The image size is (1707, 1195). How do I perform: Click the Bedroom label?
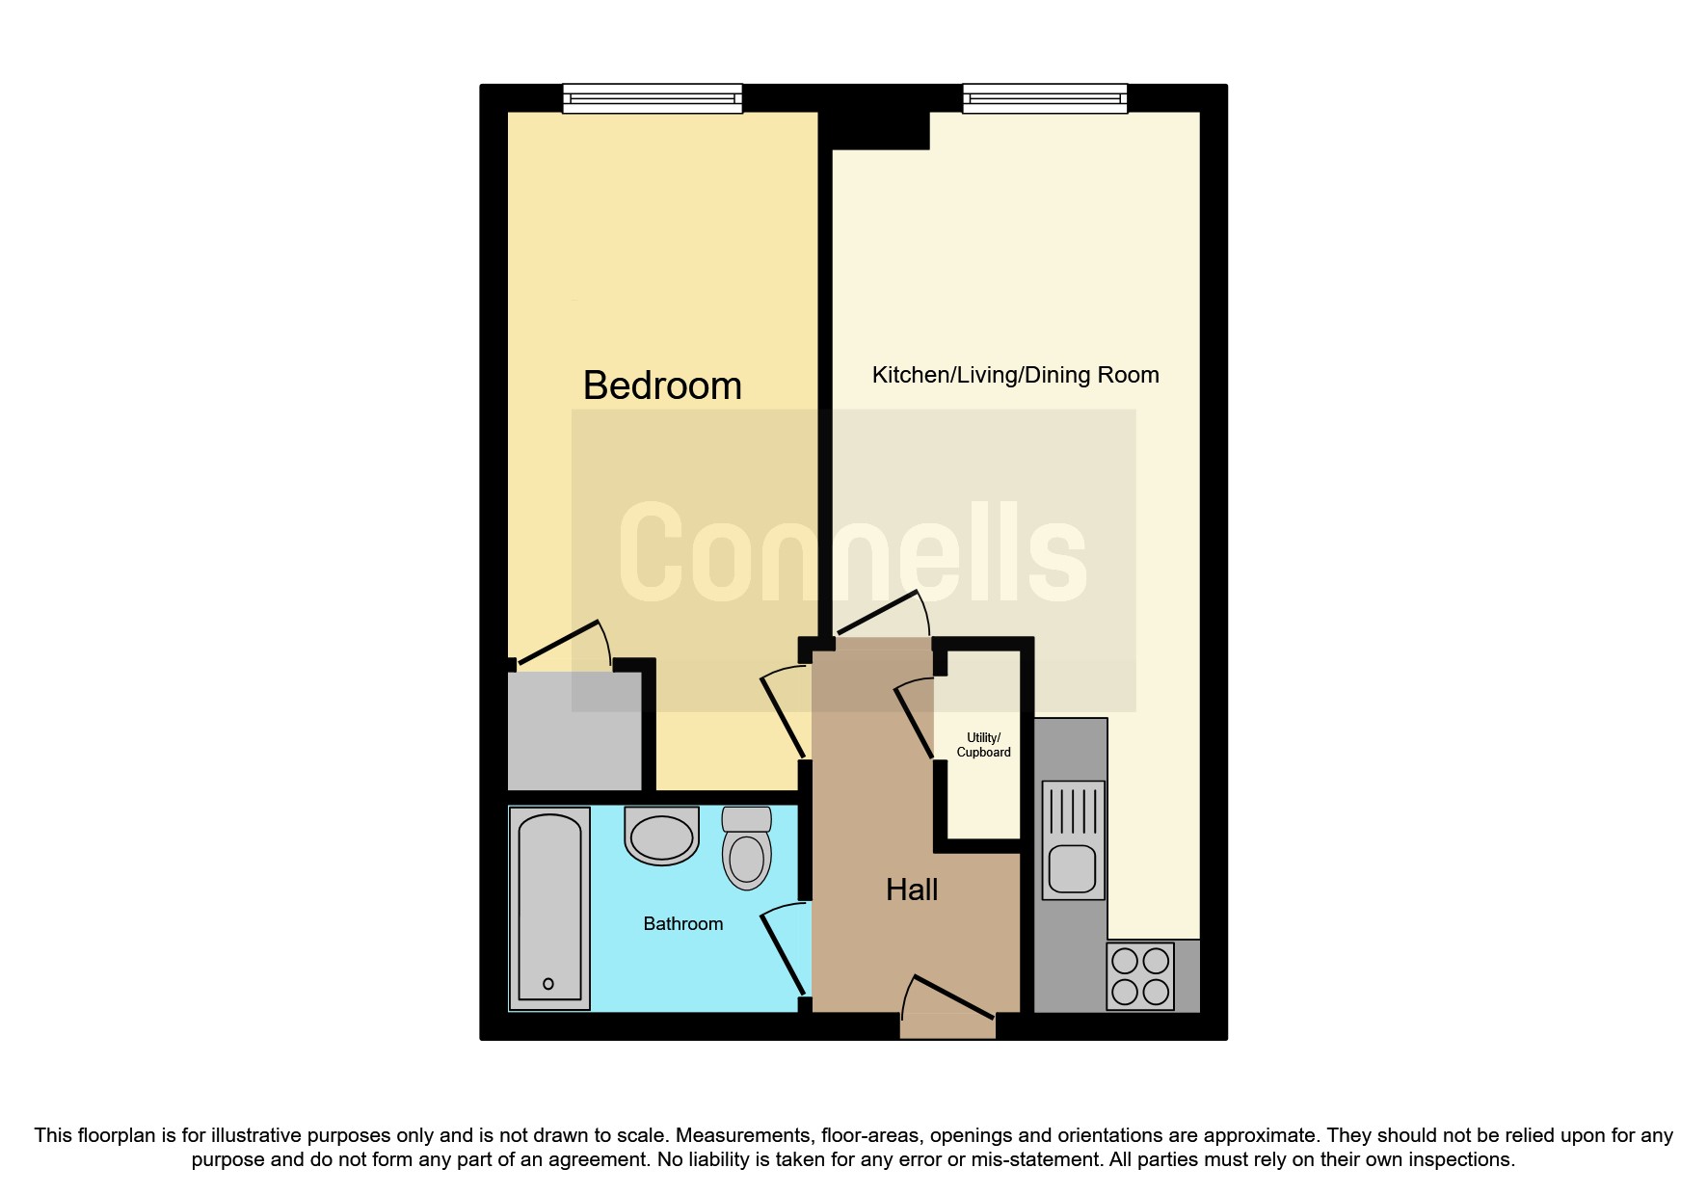pyautogui.click(x=662, y=386)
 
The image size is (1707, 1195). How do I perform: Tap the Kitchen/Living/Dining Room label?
pyautogui.click(x=1015, y=375)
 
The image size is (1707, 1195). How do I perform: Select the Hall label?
pyautogui.click(x=912, y=890)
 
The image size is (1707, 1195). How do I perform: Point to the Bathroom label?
pyautogui.click(x=682, y=923)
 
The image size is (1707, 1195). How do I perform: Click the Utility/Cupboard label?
pyautogui.click(x=983, y=745)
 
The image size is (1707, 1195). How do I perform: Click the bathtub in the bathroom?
pyautogui.click(x=549, y=908)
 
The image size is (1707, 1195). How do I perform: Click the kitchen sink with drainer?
pyautogui.click(x=1073, y=840)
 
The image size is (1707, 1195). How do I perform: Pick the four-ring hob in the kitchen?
pyautogui.click(x=1140, y=975)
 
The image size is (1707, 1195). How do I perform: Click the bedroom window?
pyautogui.click(x=653, y=98)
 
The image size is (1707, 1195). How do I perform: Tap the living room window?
pyautogui.click(x=1045, y=98)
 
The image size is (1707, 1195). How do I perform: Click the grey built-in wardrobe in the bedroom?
pyautogui.click(x=574, y=730)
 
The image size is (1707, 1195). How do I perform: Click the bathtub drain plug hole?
pyautogui.click(x=548, y=984)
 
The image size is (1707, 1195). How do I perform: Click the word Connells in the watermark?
pyautogui.click(x=852, y=552)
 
